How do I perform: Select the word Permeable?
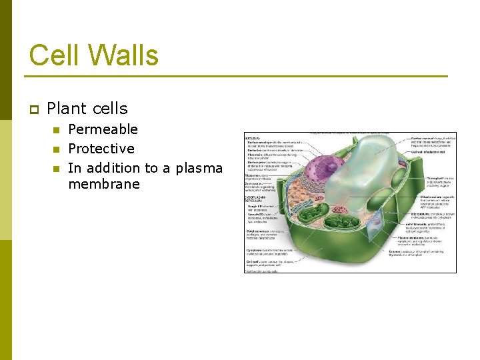pyautogui.click(x=103, y=129)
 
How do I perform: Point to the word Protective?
pyautogui.click(x=101, y=149)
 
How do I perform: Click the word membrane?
pyautogui.click(x=104, y=184)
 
